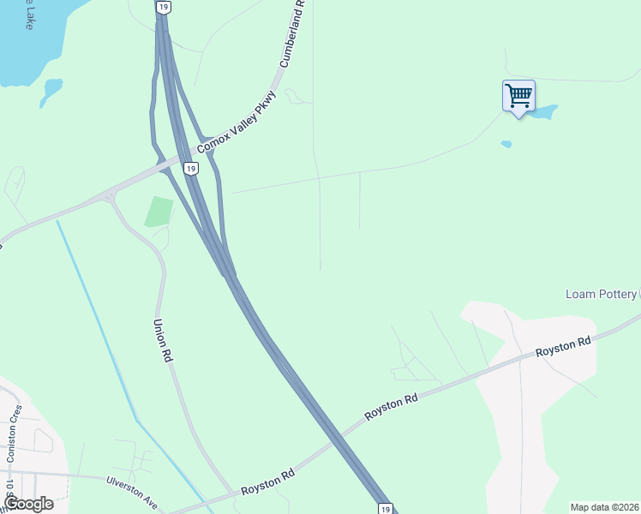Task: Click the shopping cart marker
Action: click(518, 95)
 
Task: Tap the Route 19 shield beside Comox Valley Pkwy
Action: click(191, 169)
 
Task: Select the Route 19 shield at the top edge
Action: click(164, 7)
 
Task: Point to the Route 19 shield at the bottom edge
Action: click(386, 508)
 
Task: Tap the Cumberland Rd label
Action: click(293, 34)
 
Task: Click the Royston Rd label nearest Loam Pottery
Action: click(563, 347)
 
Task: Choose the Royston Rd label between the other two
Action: click(391, 407)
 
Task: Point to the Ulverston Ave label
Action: click(133, 487)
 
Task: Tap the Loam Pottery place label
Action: click(601, 294)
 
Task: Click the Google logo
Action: click(27, 503)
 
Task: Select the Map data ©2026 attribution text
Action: click(604, 507)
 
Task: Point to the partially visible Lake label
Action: click(29, 17)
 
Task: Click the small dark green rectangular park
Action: click(159, 212)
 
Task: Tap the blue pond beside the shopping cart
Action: click(546, 111)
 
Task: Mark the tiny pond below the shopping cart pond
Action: click(506, 144)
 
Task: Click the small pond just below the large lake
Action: click(51, 92)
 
